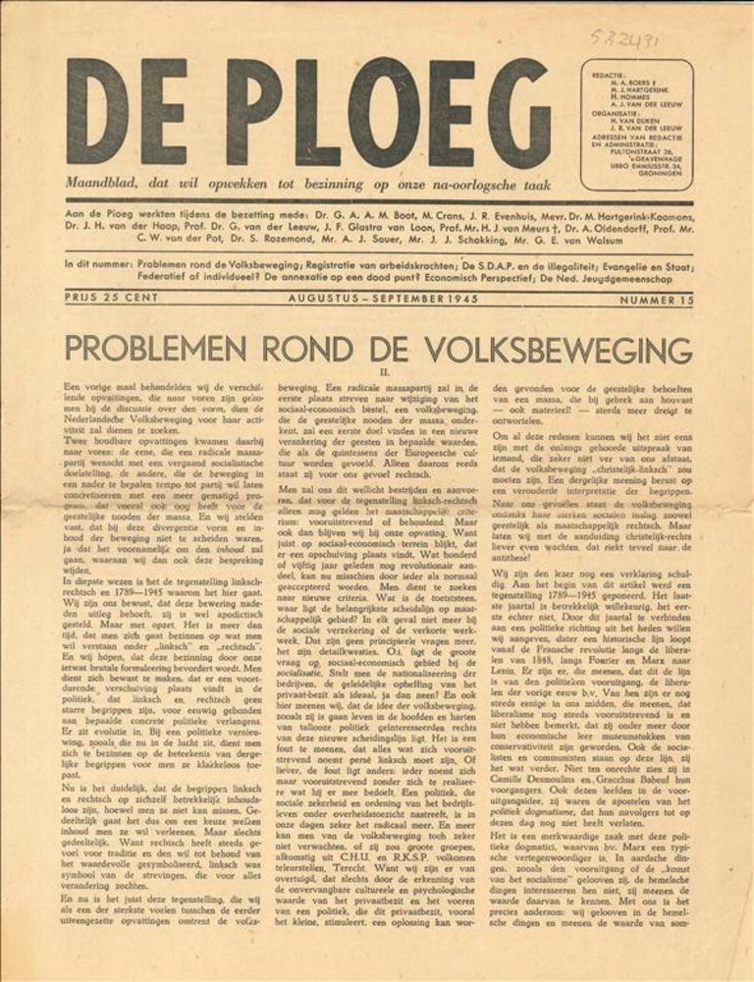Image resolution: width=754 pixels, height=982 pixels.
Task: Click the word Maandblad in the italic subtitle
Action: [x=98, y=184]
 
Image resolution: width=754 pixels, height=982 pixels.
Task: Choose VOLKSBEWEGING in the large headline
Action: [x=552, y=349]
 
